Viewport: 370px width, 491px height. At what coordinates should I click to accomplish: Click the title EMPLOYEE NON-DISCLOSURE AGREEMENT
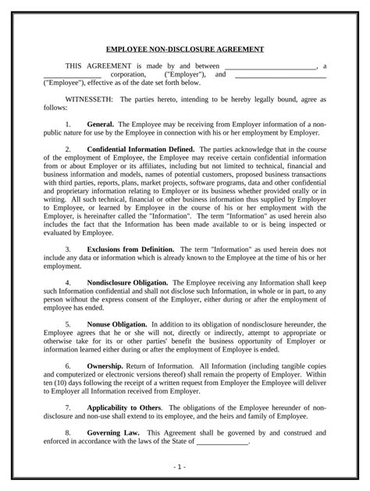[185, 49]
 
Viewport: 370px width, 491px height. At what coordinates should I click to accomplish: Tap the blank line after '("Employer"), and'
[280, 76]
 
